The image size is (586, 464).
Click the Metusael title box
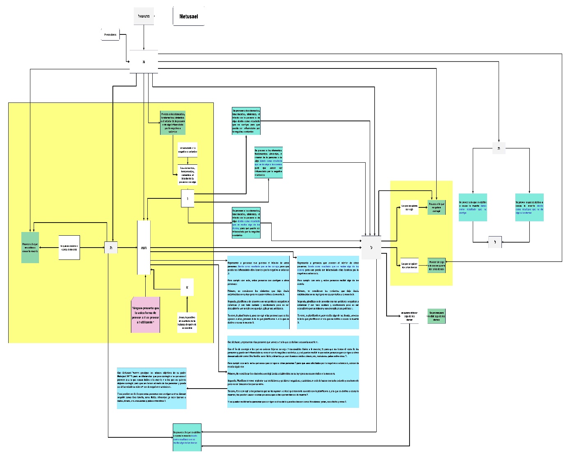[188, 16]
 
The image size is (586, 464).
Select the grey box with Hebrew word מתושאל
[144, 16]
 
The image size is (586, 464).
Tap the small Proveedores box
[110, 35]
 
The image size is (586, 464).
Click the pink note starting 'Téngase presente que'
[146, 314]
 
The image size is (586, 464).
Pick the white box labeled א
[187, 287]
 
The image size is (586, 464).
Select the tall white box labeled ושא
[144, 248]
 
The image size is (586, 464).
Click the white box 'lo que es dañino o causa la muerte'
[69, 248]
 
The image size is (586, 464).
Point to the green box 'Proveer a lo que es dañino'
[30, 248]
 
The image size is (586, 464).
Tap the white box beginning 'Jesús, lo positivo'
[187, 322]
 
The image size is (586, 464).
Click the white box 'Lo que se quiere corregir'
[409, 207]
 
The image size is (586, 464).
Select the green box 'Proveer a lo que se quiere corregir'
[436, 207]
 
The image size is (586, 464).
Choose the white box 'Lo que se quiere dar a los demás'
[409, 265]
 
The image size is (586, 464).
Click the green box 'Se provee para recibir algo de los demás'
[436, 316]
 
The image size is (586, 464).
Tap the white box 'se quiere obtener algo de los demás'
[409, 316]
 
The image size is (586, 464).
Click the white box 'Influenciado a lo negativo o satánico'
[188, 150]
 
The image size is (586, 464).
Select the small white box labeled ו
[188, 199]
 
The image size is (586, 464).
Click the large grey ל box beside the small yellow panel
[371, 248]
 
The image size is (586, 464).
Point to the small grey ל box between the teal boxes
[495, 242]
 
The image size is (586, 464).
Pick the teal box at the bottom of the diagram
[187, 437]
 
